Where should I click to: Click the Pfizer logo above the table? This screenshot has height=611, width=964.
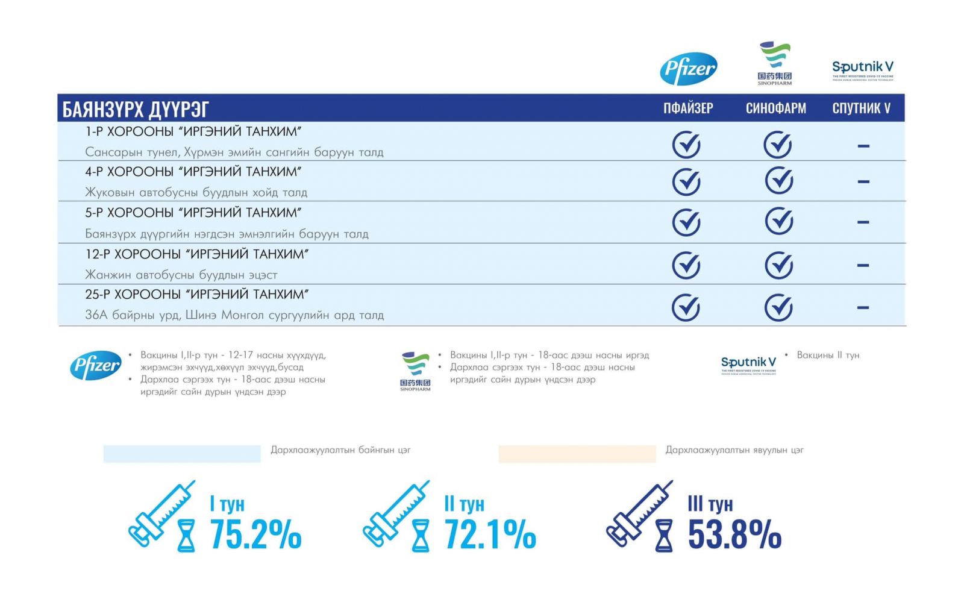click(688, 68)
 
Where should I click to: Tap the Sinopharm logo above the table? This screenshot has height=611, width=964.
click(775, 63)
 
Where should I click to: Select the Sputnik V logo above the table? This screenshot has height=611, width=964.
click(862, 69)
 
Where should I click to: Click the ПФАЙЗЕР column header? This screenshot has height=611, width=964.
click(688, 108)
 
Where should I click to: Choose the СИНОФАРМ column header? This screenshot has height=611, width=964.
click(775, 108)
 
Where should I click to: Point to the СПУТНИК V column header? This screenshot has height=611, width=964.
click(861, 108)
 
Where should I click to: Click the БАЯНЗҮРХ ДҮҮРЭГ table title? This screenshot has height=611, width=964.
click(136, 109)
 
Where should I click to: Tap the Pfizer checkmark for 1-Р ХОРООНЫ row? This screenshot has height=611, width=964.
click(686, 145)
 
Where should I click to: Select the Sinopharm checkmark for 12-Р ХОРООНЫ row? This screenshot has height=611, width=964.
click(778, 265)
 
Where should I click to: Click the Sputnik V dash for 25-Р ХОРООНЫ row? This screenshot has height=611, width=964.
click(863, 308)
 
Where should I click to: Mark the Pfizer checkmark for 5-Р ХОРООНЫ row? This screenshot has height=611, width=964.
click(686, 222)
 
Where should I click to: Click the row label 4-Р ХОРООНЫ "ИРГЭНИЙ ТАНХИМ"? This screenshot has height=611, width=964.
click(193, 172)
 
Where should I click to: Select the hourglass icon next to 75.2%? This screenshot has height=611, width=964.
click(186, 536)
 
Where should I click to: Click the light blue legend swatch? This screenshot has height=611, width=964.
click(182, 454)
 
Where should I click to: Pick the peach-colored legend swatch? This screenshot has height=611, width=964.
click(577, 454)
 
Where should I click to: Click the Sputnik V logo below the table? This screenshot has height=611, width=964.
click(748, 365)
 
